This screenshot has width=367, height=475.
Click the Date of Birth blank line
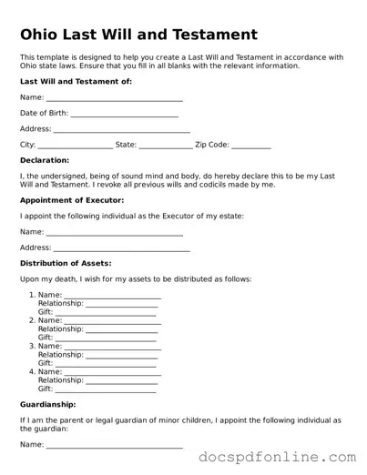124,116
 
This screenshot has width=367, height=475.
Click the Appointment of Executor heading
72,199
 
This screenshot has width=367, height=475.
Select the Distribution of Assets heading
66,263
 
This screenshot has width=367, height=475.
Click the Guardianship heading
47,403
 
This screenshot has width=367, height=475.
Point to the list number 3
32,346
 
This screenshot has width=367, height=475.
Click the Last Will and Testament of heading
76,81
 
